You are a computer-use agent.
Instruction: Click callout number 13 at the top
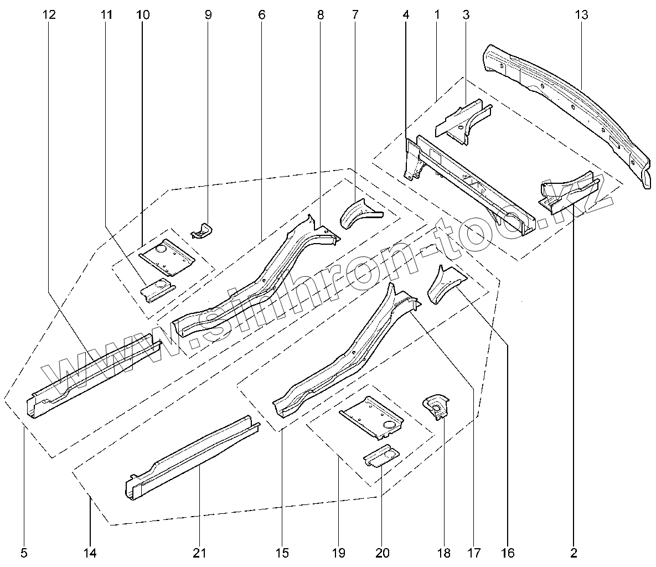point(581,15)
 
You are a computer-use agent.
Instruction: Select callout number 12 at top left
point(49,15)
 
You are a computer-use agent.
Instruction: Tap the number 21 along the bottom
point(199,552)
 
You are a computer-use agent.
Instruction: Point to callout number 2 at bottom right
point(574,552)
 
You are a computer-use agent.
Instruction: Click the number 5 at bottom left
point(24,552)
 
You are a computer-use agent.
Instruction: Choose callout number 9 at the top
point(208,15)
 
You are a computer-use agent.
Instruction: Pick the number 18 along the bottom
point(444,552)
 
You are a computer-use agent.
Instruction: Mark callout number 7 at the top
point(355,15)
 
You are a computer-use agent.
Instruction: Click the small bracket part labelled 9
point(203,229)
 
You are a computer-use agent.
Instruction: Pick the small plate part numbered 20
point(382,456)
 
